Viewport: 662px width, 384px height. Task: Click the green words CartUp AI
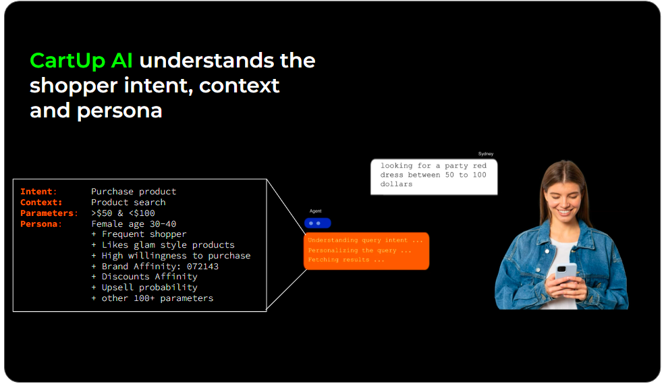81,61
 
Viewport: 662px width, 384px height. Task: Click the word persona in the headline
119,111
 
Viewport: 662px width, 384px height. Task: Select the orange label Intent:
38,192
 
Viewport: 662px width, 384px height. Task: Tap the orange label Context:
41,202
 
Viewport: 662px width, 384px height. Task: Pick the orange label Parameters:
49,213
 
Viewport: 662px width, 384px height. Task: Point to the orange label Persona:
41,224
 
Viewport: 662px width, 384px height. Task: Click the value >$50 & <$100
123,213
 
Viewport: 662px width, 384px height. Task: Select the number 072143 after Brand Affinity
202,267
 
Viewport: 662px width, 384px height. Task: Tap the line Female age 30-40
134,224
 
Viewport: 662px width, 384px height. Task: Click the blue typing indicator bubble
317,223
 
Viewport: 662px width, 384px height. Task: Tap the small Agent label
315,211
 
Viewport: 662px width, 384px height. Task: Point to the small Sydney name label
485,154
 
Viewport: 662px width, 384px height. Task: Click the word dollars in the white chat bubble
396,184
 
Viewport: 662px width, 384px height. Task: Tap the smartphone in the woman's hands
566,273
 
